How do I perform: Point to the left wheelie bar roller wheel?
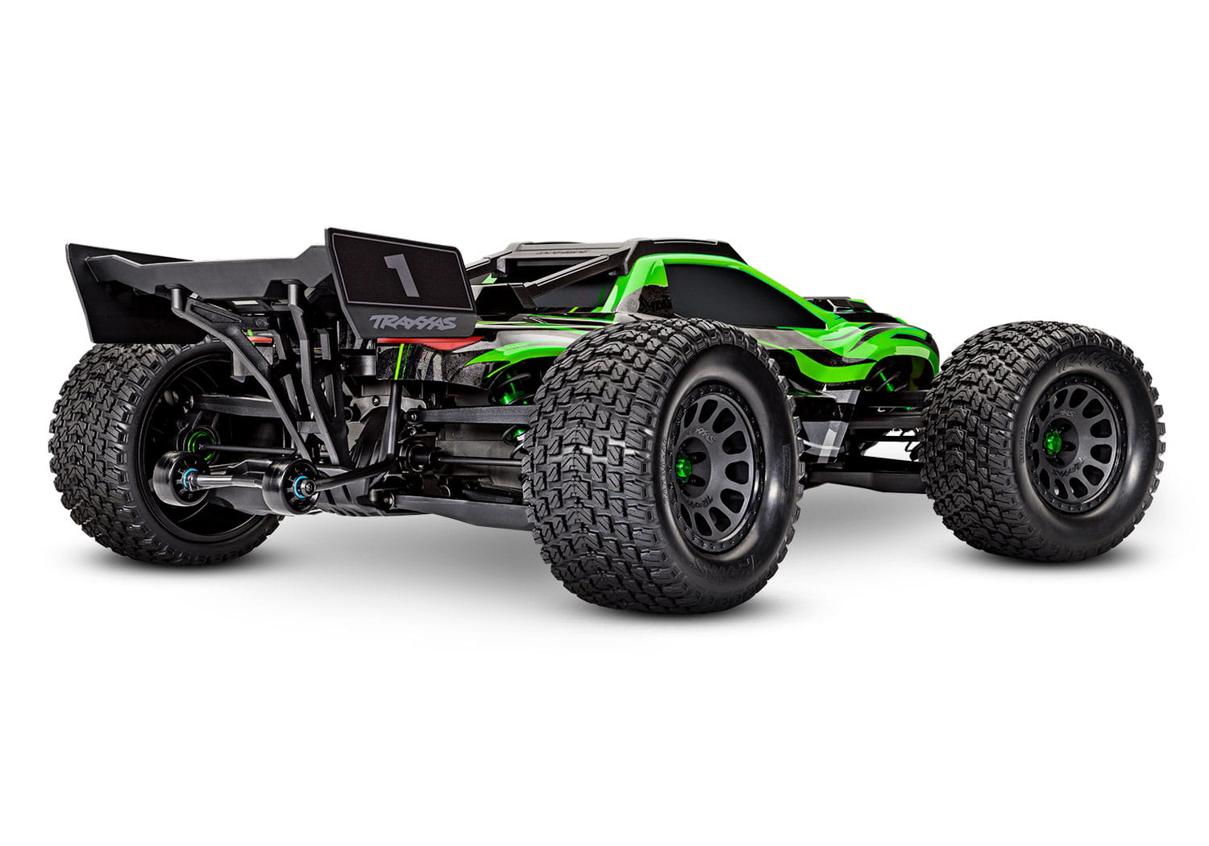[x=174, y=478]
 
